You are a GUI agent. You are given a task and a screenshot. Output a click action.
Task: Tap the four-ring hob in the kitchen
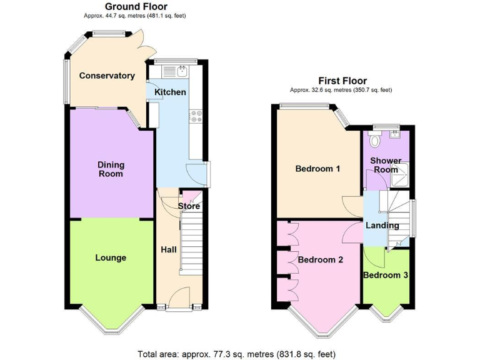pyautogui.click(x=196, y=117)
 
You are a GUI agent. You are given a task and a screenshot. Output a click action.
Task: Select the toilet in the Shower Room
pyautogui.click(x=375, y=141)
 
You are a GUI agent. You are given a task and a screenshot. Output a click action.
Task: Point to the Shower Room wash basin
pyautogui.click(x=395, y=132)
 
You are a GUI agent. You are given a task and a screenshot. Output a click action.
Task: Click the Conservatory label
pyautogui.click(x=107, y=76)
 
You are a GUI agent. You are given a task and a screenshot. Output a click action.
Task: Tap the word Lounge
pyautogui.click(x=111, y=257)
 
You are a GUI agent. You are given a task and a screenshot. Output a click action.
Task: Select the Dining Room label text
pyautogui.click(x=111, y=169)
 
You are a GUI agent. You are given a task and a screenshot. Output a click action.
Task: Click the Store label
pyautogui.click(x=189, y=206)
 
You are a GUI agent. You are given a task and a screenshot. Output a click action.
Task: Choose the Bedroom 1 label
pyautogui.click(x=317, y=169)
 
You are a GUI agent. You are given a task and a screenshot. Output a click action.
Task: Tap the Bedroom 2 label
pyautogui.click(x=320, y=260)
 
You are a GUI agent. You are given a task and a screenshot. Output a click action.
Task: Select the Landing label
pyautogui.click(x=382, y=226)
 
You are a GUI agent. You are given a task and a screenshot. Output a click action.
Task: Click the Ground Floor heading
pyautogui.click(x=127, y=7)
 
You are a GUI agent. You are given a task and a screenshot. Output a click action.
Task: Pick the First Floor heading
pyautogui.click(x=342, y=81)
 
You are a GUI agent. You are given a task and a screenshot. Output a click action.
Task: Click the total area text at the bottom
pyautogui.click(x=240, y=352)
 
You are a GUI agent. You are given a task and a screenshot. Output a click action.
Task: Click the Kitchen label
pyautogui.click(x=170, y=92)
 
